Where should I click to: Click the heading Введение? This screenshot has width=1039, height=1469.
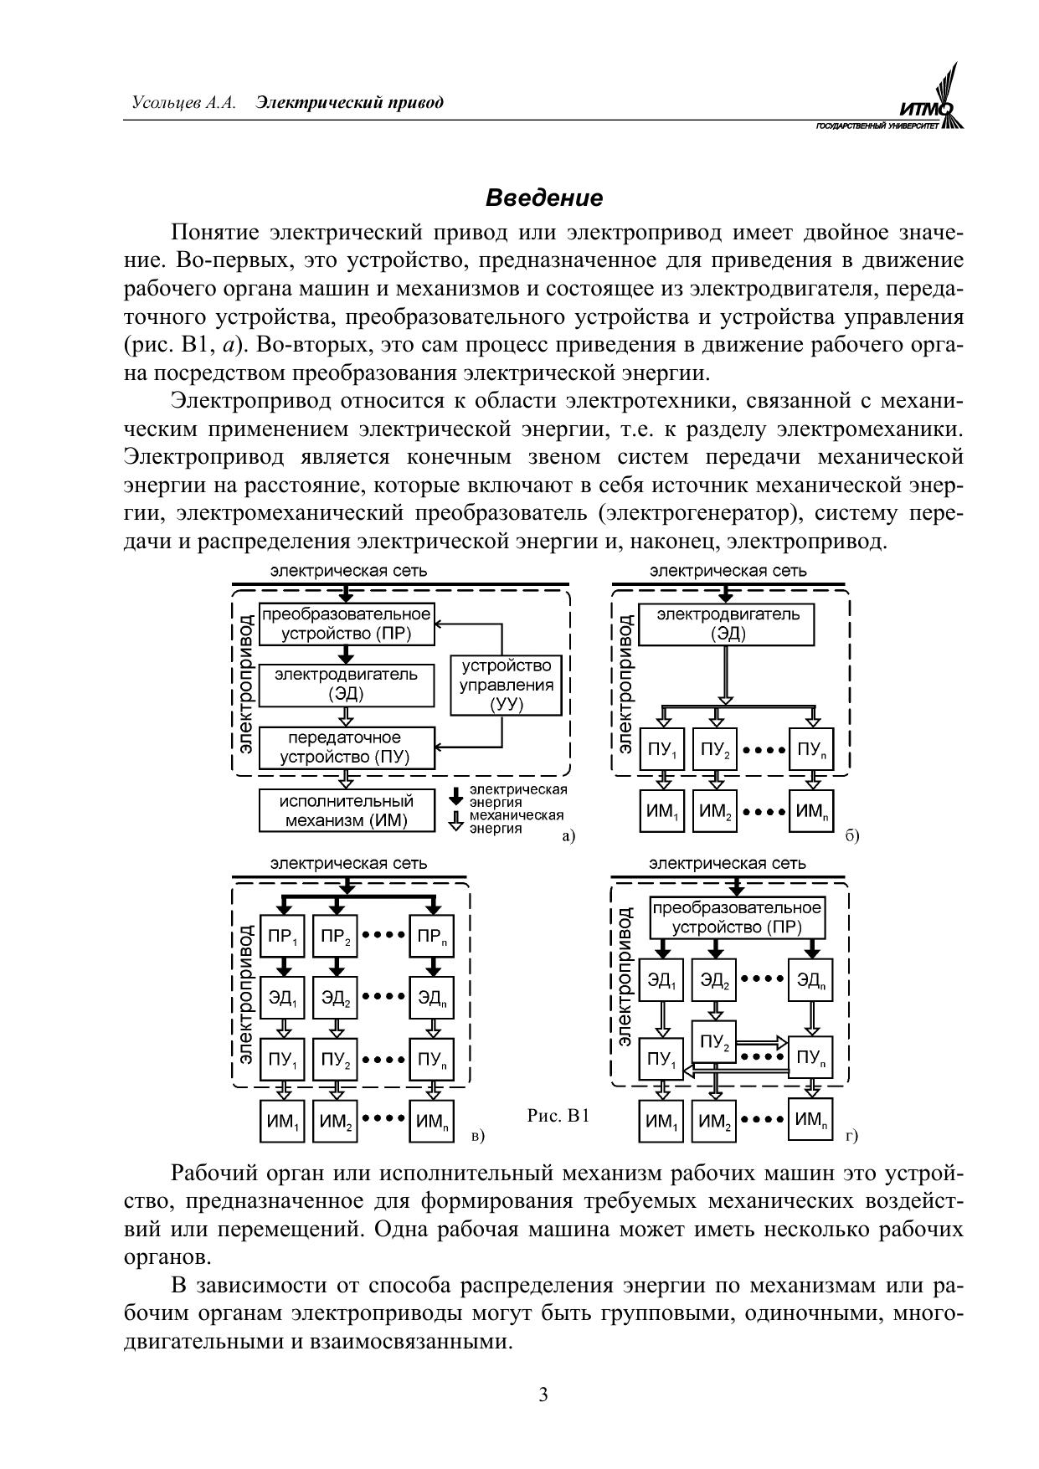tap(543, 198)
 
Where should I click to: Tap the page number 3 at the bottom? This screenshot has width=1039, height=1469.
tap(543, 1395)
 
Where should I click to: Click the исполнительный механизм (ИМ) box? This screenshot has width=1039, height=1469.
tap(347, 810)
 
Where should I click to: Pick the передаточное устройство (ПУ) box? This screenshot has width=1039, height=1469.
tap(347, 747)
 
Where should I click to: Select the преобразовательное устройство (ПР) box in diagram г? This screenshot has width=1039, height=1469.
tap(737, 917)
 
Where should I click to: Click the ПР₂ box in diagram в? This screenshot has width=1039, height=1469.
tap(337, 937)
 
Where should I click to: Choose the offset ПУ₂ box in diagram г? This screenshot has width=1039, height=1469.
tap(714, 1042)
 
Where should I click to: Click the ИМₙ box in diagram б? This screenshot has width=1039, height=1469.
tap(811, 810)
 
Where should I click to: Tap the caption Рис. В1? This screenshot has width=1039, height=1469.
tap(558, 1116)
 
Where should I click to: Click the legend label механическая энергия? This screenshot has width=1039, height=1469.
tap(515, 821)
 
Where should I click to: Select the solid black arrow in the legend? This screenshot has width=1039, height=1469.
tap(455, 794)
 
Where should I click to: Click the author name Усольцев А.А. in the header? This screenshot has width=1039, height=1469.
tap(183, 103)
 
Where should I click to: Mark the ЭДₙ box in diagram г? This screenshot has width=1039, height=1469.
tap(811, 979)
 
